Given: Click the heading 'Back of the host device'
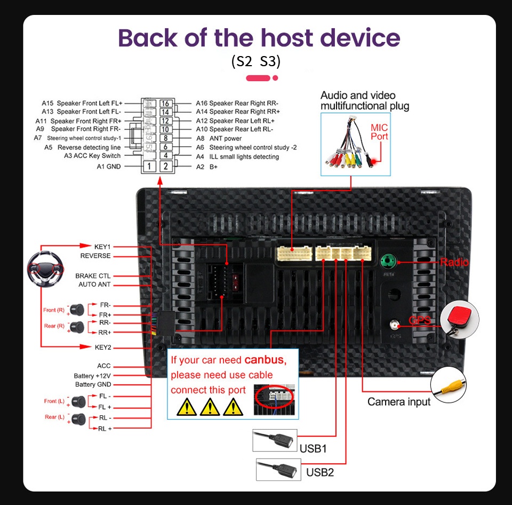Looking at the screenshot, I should (x=259, y=38).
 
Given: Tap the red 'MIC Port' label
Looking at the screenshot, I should (x=379, y=132).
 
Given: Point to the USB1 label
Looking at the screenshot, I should (x=313, y=448).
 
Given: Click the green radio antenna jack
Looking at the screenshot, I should (x=388, y=262).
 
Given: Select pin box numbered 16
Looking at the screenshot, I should (x=165, y=104).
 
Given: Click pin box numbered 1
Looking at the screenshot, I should (x=150, y=167).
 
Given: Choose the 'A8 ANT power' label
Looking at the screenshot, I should (x=219, y=138).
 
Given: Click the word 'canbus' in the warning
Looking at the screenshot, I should (x=265, y=360).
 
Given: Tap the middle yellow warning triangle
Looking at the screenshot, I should (x=211, y=407).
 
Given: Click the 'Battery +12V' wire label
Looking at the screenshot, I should (x=92, y=376).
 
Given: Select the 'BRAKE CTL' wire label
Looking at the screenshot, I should (x=93, y=275).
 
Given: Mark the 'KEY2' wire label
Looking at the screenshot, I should (x=103, y=347).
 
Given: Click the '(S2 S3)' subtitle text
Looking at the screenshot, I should (x=255, y=62).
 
